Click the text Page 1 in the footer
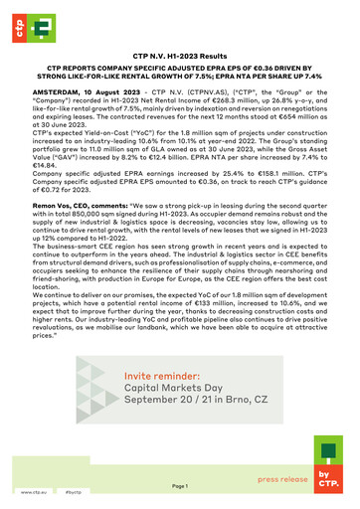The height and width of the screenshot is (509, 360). point(180,486)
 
